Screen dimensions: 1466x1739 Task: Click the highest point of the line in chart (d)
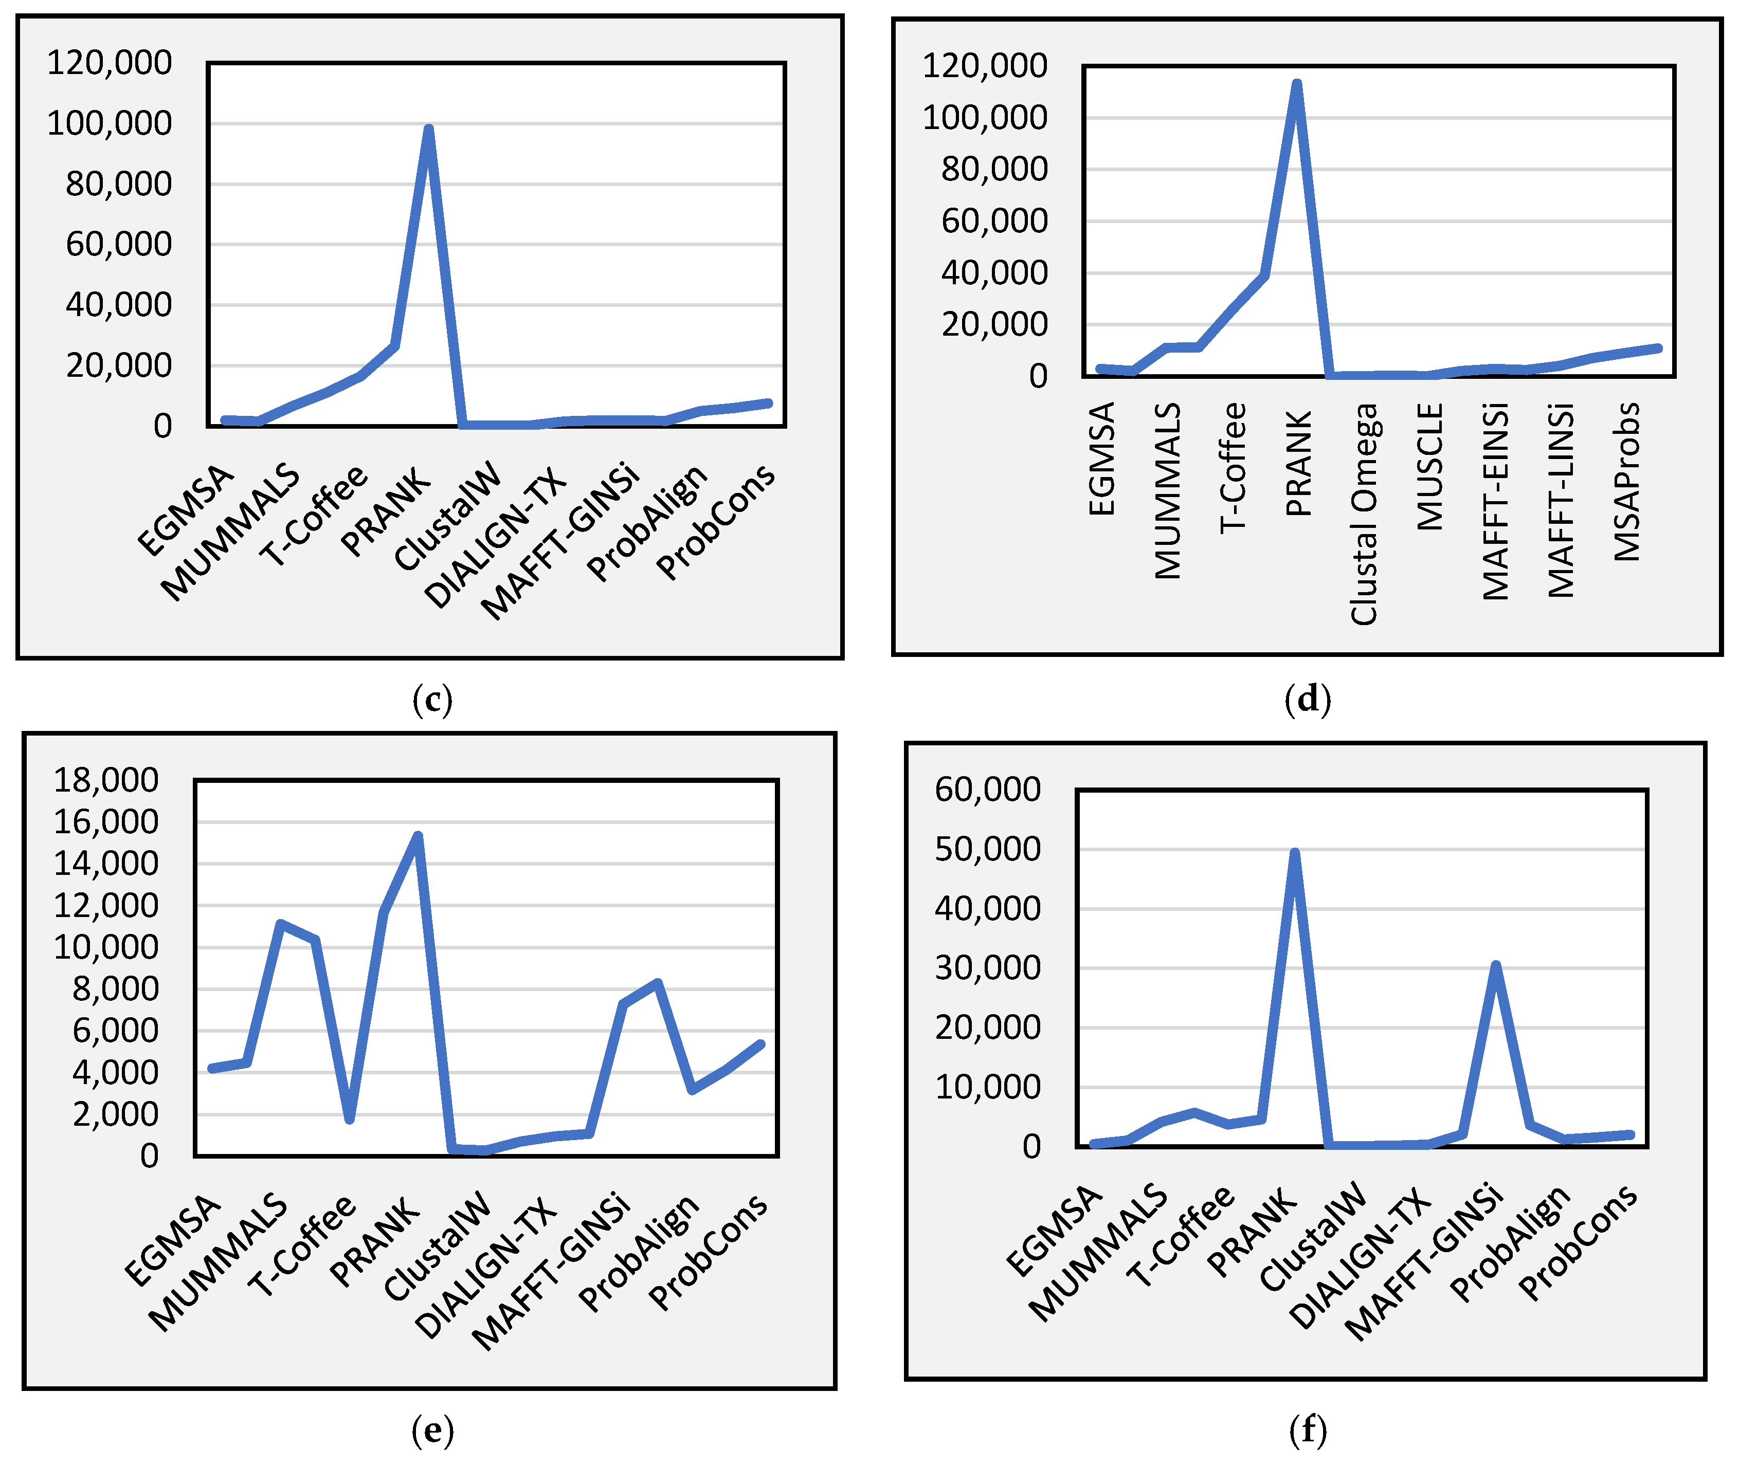click(x=1296, y=84)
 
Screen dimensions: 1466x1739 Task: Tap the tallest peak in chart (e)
click(x=418, y=836)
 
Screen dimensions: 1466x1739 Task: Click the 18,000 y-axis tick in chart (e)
click(x=105, y=780)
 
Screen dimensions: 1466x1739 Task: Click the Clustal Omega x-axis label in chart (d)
click(x=1363, y=514)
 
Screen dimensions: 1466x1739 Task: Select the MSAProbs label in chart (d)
click(x=1627, y=482)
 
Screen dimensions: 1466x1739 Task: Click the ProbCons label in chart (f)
click(x=1578, y=1241)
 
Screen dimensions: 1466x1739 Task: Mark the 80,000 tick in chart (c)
click(x=119, y=184)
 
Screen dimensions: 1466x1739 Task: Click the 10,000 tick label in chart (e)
click(x=105, y=947)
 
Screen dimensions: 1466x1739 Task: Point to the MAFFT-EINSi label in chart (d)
click(x=1495, y=501)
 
